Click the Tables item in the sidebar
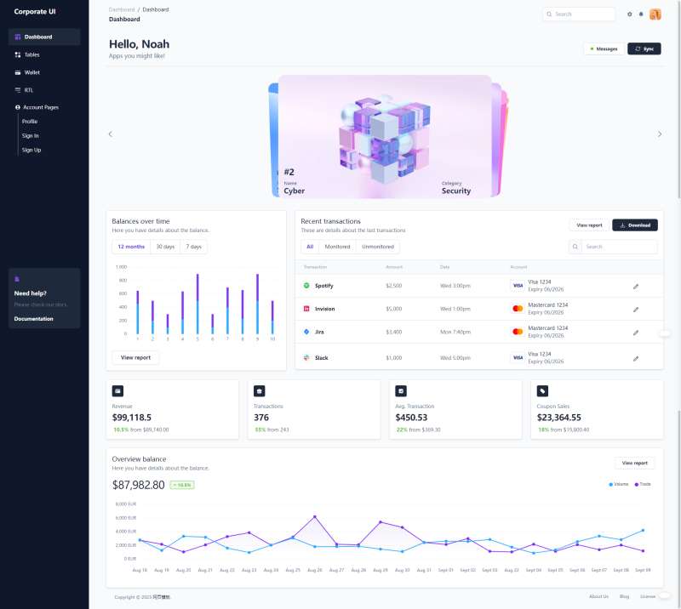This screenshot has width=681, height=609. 31,54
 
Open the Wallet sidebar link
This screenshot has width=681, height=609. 31,72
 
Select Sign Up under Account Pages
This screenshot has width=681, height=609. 31,150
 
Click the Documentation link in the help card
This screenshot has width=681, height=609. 34,319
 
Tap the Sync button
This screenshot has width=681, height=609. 644,48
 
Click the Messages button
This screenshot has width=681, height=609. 603,48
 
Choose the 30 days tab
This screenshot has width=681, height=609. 165,247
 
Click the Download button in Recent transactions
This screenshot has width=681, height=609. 635,225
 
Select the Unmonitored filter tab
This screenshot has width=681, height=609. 378,247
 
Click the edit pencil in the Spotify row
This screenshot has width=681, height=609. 636,286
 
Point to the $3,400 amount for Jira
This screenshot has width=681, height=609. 393,332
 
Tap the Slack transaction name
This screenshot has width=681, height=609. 321,358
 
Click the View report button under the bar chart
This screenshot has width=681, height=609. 135,358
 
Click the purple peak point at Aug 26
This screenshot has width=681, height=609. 315,516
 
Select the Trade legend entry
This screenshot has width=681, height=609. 643,484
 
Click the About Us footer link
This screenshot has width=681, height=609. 598,596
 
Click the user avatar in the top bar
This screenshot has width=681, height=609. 655,14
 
